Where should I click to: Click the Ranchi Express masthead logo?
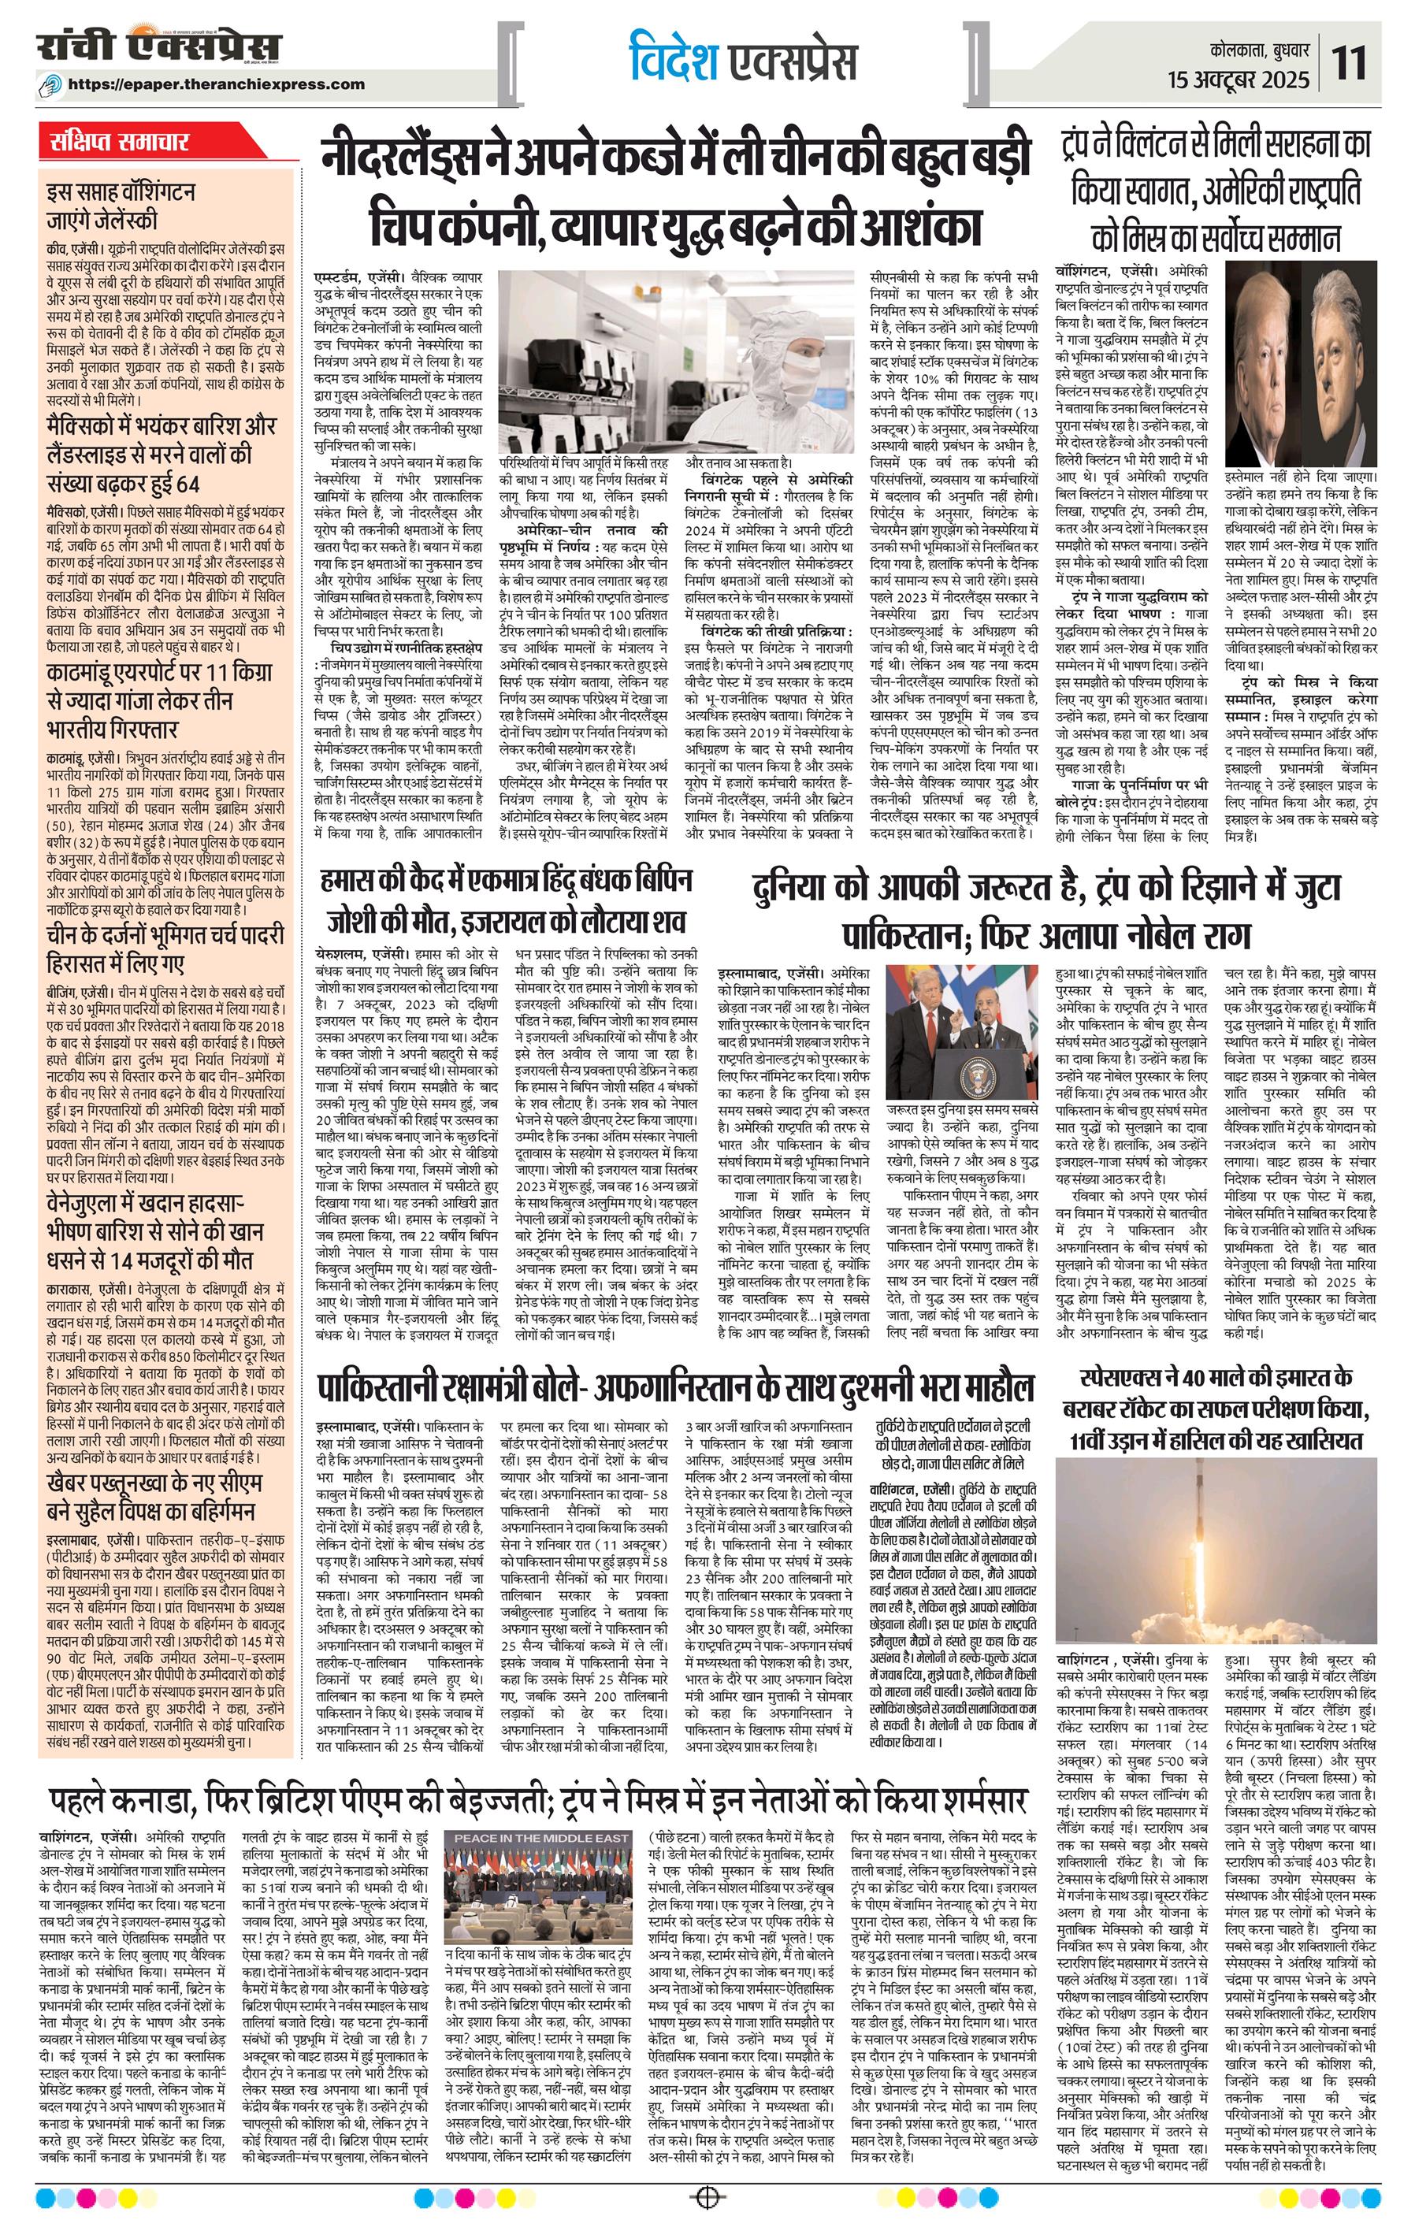(x=159, y=47)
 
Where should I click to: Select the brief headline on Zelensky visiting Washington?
(x=121, y=207)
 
